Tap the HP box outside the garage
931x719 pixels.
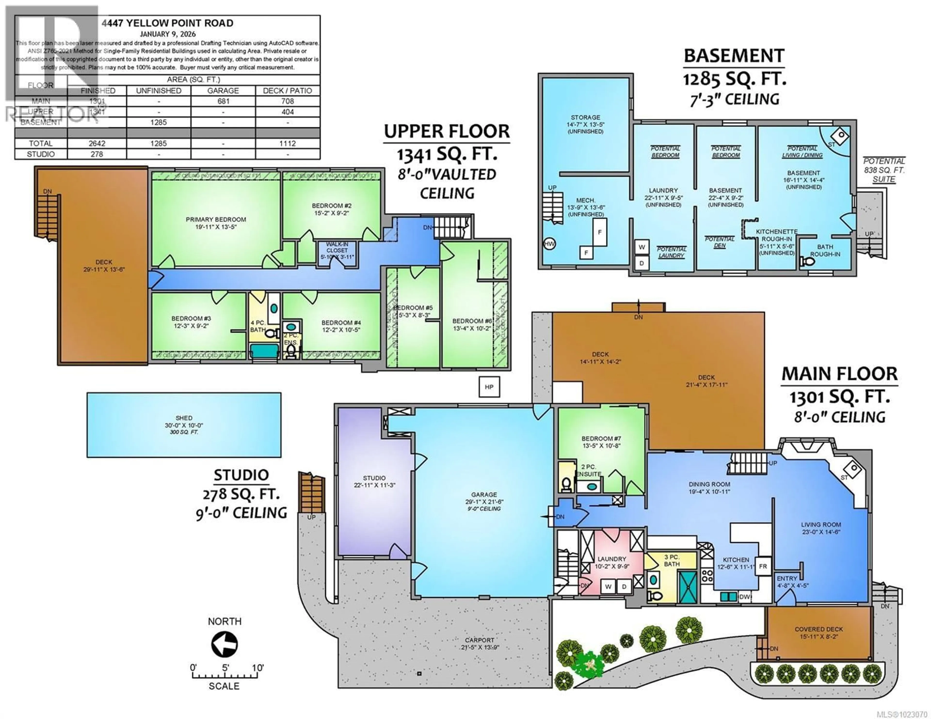(x=489, y=387)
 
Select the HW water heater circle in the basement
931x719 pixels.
(x=549, y=244)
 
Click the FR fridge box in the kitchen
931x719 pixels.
(x=762, y=566)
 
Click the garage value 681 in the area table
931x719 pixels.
(x=223, y=101)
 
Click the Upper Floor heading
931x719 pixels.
(x=447, y=131)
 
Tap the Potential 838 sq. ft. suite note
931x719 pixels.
(x=884, y=170)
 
